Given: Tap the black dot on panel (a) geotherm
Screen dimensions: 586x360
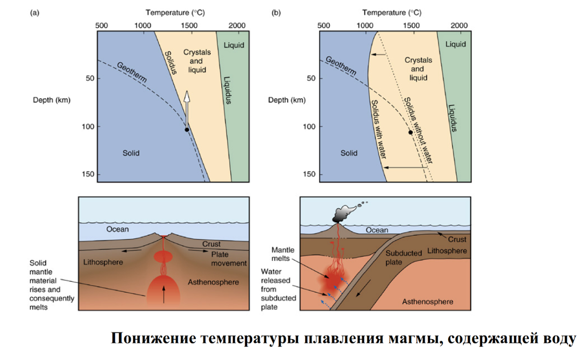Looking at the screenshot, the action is click(186, 129).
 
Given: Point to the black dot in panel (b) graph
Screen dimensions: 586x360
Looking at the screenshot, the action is click(410, 133).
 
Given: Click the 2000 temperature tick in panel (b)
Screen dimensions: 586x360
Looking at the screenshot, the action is click(459, 26).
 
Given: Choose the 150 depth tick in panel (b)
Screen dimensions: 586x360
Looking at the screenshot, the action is click(309, 174).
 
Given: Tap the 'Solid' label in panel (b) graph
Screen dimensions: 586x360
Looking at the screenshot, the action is click(349, 153).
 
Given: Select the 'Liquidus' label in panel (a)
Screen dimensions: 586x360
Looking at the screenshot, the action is click(227, 90).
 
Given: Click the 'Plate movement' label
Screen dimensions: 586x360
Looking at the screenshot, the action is click(229, 259).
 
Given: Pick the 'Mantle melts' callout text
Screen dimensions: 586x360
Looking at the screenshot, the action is click(283, 254).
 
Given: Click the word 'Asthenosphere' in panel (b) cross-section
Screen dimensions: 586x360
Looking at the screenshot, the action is click(427, 302).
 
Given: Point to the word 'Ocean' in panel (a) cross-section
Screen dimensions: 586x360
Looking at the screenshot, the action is click(117, 229).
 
